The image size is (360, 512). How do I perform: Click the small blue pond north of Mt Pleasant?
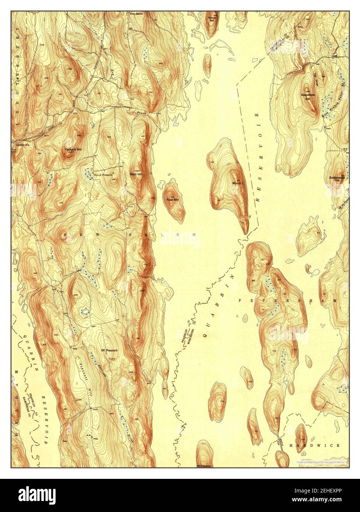85,312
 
